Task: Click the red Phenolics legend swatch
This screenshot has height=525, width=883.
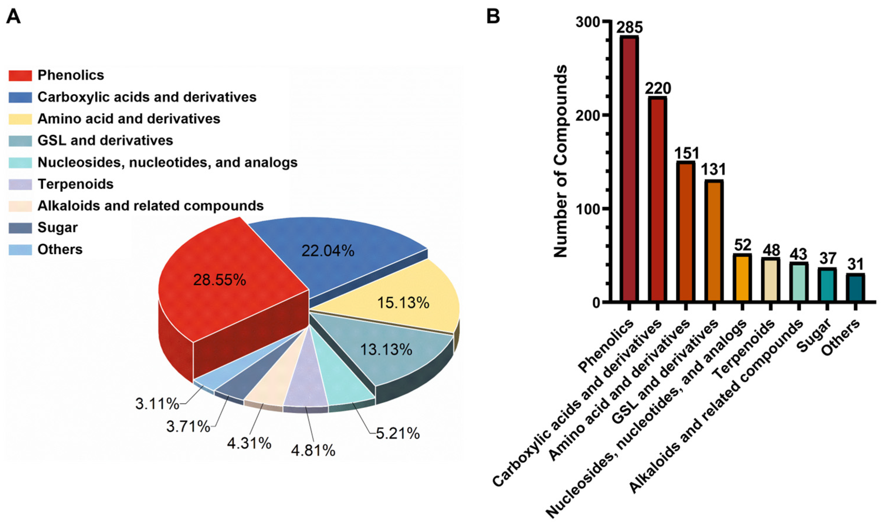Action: [x=20, y=75]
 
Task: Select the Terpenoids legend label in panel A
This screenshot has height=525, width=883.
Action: [x=75, y=184]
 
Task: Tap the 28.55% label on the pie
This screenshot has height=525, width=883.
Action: [x=219, y=280]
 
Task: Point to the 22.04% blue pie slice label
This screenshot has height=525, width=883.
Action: [x=328, y=251]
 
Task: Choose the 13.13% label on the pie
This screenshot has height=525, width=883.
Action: [x=386, y=350]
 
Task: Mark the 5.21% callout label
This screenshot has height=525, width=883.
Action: [x=397, y=433]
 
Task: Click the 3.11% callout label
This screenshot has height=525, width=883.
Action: [x=157, y=404]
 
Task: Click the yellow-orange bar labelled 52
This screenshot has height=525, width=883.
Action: [x=742, y=278]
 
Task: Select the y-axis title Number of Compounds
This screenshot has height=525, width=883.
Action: [x=560, y=161]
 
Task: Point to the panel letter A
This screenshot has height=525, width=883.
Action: [x=13, y=16]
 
